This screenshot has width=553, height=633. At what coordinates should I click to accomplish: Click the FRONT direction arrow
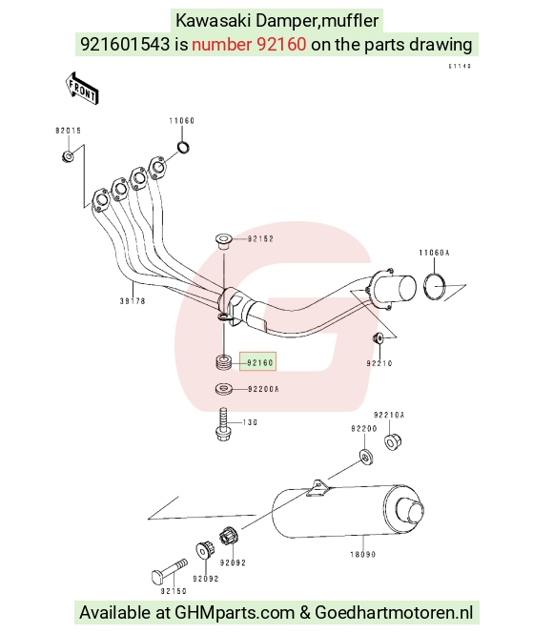click(x=82, y=89)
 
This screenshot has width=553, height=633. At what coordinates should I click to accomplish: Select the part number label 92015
click(x=69, y=131)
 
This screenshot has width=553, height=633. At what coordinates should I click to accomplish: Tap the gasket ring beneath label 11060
click(x=183, y=148)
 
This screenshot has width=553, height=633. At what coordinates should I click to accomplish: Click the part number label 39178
click(x=133, y=300)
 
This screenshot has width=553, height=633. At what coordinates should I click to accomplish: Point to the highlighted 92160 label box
click(x=257, y=361)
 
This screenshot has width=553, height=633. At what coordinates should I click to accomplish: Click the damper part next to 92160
click(x=224, y=361)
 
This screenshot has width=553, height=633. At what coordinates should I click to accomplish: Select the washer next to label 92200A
click(x=224, y=389)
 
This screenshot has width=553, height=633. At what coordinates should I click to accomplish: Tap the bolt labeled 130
click(x=223, y=424)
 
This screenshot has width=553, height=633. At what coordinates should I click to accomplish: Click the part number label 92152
click(x=260, y=238)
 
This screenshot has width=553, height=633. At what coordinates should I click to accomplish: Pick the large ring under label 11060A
click(x=435, y=286)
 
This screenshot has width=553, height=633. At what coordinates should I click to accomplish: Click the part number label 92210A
click(x=389, y=415)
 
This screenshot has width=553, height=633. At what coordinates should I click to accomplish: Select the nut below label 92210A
click(x=392, y=441)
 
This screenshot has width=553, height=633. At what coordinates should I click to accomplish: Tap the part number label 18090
click(x=363, y=554)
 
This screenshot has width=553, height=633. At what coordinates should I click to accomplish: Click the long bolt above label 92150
click(x=170, y=570)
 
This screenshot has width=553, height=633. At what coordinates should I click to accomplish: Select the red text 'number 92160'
click(x=249, y=44)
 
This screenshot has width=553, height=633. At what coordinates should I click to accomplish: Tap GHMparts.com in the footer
click(x=235, y=612)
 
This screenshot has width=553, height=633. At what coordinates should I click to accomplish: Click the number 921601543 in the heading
click(x=125, y=44)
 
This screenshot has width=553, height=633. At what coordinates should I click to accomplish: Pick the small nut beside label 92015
click(x=68, y=155)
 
